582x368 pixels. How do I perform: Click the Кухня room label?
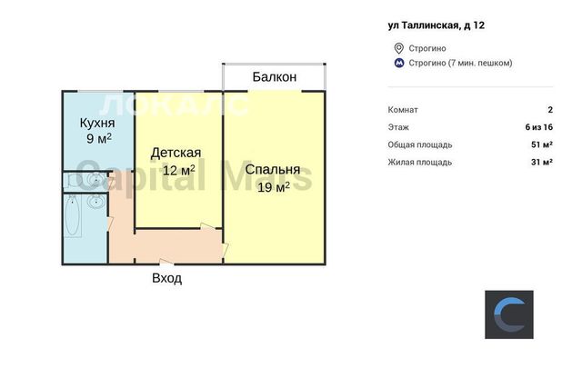(x=97, y=123)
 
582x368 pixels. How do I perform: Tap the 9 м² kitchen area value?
(x=99, y=139)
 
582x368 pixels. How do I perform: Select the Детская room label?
(x=176, y=154)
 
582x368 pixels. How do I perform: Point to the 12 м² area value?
(x=179, y=170)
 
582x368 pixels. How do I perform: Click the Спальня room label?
(x=273, y=170)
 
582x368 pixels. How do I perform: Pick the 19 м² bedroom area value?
(x=274, y=187)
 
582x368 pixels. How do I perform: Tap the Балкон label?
(x=275, y=77)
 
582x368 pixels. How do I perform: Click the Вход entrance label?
(x=167, y=278)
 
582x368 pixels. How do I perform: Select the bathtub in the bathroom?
(x=73, y=216)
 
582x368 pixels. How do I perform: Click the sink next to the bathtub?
(x=96, y=202)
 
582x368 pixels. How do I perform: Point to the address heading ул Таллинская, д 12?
(x=436, y=25)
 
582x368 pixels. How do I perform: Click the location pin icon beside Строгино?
(x=398, y=48)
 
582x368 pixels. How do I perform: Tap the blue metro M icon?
(x=399, y=63)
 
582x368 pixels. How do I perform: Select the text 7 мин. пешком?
(x=480, y=63)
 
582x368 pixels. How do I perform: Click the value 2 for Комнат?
(x=550, y=110)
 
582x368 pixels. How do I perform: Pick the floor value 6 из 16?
(x=539, y=127)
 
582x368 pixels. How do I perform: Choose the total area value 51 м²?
(x=542, y=144)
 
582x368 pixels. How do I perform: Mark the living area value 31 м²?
(x=542, y=162)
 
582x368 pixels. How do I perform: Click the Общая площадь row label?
(x=420, y=144)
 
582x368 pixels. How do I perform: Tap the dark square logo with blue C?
(x=509, y=314)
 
